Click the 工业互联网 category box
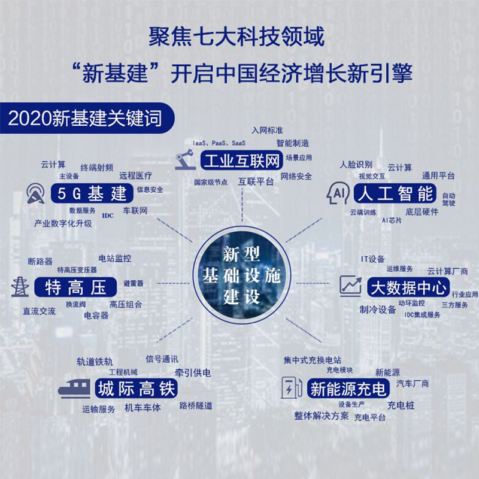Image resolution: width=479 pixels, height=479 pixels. click(x=241, y=160)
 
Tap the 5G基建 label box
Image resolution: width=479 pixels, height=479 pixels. click(x=92, y=193)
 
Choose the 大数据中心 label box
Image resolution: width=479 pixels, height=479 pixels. click(x=408, y=287)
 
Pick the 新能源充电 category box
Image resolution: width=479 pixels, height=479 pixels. click(x=348, y=388)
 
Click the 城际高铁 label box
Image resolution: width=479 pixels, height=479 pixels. click(x=137, y=388)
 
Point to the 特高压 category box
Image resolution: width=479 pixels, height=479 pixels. click(x=76, y=287)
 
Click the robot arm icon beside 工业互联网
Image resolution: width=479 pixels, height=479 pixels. click(x=185, y=159)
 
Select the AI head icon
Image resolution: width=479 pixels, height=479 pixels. click(x=338, y=192)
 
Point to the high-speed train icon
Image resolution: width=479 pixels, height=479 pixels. click(x=74, y=388)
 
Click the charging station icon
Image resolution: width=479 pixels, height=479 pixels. click(x=292, y=387)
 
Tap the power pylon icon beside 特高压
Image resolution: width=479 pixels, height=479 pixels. click(x=20, y=287)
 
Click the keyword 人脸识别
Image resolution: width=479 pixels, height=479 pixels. click(x=356, y=165)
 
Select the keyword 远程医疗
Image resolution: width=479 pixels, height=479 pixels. click(x=135, y=175)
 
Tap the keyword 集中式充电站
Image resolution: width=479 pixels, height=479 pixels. click(x=312, y=360)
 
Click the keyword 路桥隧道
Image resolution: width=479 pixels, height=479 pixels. click(x=196, y=406)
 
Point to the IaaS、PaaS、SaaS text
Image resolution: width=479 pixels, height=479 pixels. click(x=219, y=143)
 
